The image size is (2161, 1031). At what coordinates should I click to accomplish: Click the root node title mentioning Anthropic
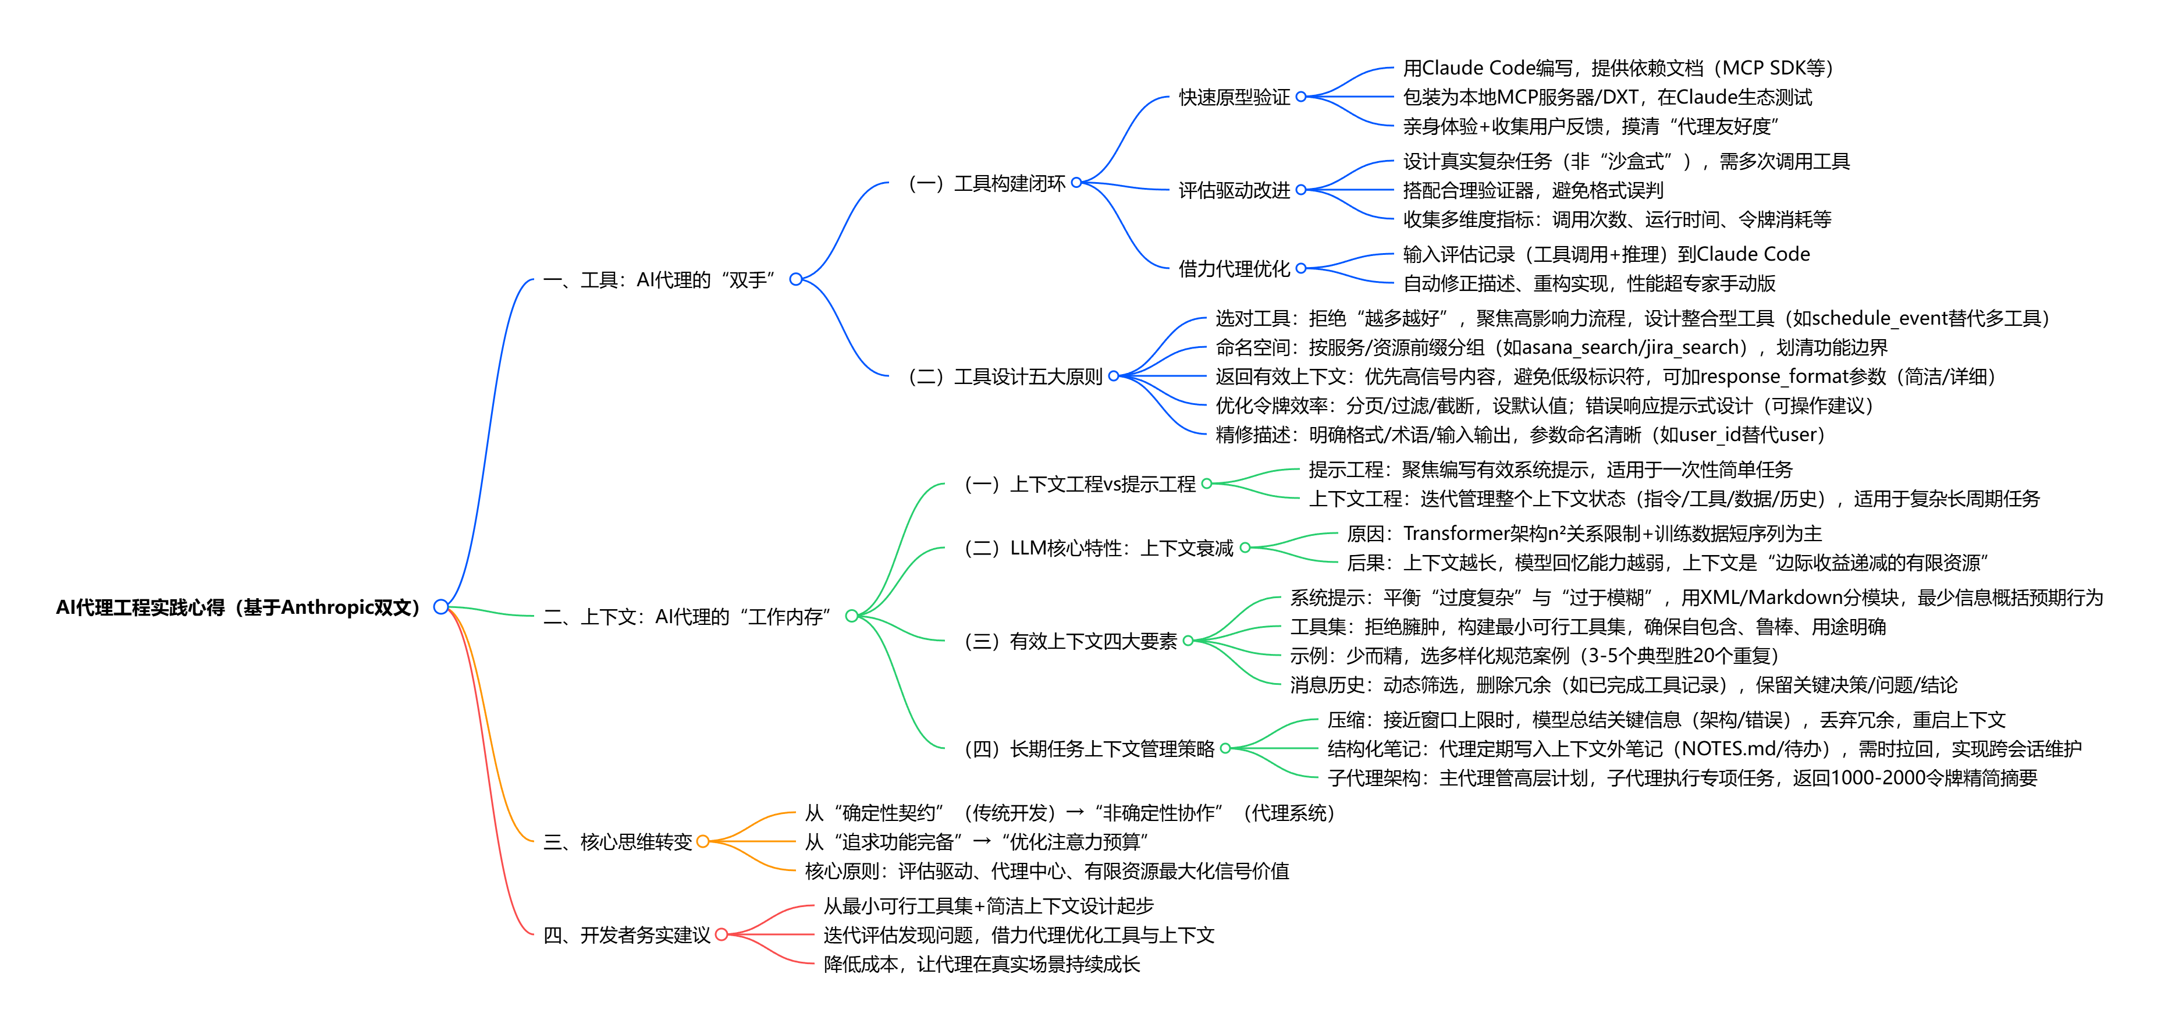237,607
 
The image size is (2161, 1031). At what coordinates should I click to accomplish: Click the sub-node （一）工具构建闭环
987,184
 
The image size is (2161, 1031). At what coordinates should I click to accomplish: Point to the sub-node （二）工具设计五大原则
1005,376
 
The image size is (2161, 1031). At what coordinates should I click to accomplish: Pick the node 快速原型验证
1234,97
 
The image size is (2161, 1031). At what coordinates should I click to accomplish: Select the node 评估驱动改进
1234,190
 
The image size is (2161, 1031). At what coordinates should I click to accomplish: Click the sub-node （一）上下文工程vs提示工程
1080,484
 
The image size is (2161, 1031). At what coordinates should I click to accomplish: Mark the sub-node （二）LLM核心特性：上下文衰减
1099,549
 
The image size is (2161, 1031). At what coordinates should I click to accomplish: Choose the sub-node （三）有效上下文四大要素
1071,642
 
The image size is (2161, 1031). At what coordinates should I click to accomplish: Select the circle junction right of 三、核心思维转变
703,841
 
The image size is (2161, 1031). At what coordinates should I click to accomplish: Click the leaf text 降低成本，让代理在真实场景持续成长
982,965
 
